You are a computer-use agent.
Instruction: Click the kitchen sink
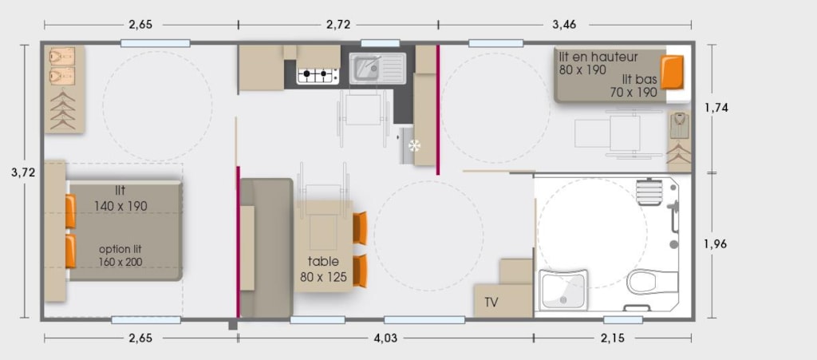pos(377,69)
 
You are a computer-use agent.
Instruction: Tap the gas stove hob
pos(318,76)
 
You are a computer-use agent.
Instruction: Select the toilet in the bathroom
pos(652,282)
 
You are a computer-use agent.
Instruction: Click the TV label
pos(491,303)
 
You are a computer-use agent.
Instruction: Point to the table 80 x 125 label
pos(323,269)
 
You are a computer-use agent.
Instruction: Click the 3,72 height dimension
pos(23,173)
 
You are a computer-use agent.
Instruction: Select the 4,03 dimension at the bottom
pos(385,338)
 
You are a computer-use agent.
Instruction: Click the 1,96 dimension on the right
pos(716,243)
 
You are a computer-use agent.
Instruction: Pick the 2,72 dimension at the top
pos(337,25)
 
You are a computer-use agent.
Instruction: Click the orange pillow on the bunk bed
pos(672,73)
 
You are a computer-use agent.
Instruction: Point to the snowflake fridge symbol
pos(414,146)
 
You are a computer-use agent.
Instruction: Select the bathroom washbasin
pos(564,289)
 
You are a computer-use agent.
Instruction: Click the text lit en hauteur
pos(598,56)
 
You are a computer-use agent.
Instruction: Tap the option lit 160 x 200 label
pos(120,255)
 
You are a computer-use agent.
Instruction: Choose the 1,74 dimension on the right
pos(716,108)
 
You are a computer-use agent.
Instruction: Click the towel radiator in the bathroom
pos(648,192)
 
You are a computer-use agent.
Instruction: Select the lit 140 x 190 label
pos(121,198)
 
